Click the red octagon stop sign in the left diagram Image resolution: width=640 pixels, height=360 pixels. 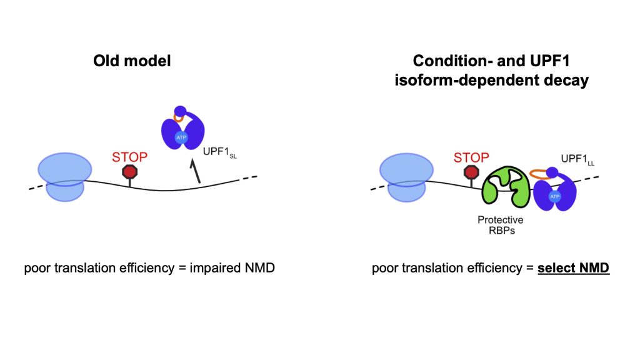click(x=129, y=172)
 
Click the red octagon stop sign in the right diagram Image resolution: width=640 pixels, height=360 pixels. click(x=472, y=172)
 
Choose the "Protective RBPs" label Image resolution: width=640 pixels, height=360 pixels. click(x=500, y=226)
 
